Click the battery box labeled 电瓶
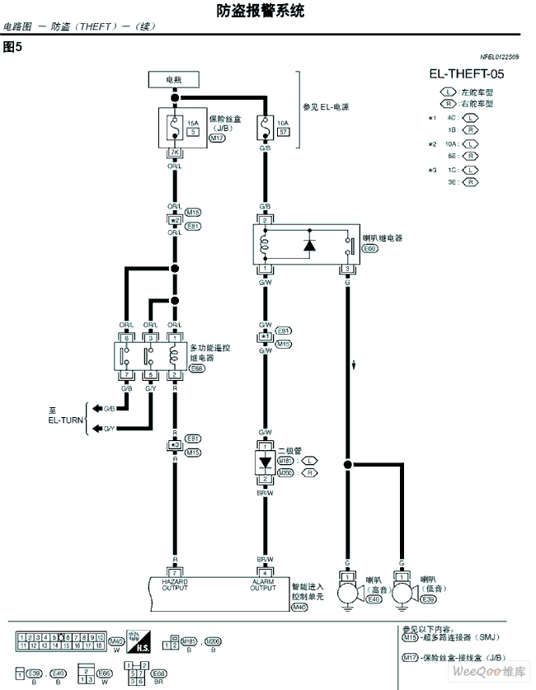174,80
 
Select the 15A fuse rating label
192,122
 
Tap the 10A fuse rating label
282,122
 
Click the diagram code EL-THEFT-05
466,74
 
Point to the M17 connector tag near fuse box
217,138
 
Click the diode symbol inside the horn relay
310,245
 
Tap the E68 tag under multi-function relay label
198,369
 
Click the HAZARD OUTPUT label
174,584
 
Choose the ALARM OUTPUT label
264,584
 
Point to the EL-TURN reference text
66,419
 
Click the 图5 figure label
12,47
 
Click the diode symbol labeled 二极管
265,464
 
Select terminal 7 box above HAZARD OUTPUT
174,571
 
